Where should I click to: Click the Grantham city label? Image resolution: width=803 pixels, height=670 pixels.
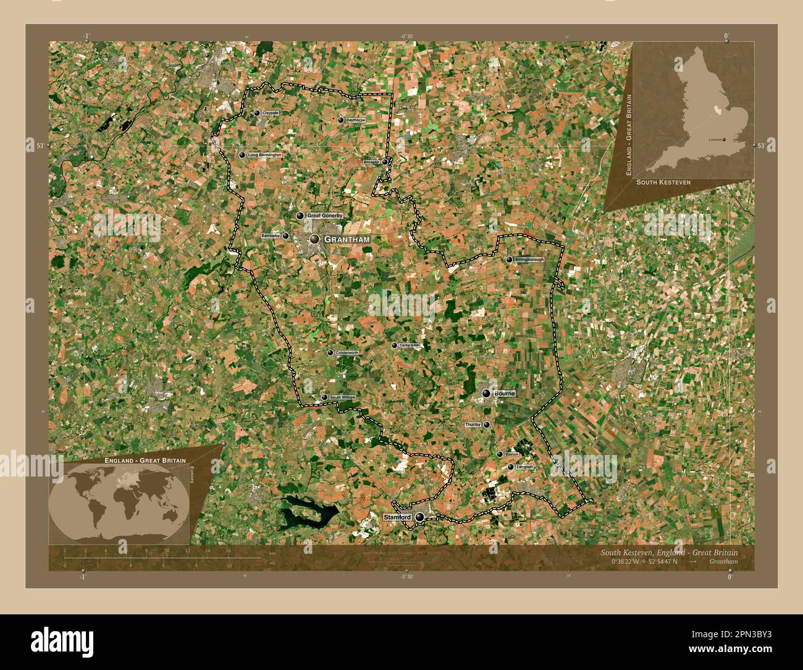click(x=347, y=239)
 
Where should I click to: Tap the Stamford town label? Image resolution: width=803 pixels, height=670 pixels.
click(x=397, y=517)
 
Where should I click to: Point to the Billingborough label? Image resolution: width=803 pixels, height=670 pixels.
click(x=529, y=260)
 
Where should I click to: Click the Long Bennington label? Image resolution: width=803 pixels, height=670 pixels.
click(x=264, y=155)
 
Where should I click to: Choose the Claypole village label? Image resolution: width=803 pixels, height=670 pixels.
click(x=270, y=113)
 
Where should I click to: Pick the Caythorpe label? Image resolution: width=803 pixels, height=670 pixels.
click(x=355, y=120)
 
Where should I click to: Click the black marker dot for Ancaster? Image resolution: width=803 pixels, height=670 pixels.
click(x=385, y=162)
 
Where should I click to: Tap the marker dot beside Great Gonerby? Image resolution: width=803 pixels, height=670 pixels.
click(x=300, y=216)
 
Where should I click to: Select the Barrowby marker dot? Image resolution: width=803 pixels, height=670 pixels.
click(x=285, y=236)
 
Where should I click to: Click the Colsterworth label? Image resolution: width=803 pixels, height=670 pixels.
click(x=347, y=352)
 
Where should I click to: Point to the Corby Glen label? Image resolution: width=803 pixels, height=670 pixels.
click(x=410, y=346)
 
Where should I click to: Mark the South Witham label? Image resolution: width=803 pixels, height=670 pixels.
click(x=342, y=397)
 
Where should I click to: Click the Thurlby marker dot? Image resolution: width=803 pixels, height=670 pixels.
click(x=487, y=425)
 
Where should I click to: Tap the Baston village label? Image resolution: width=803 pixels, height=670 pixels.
click(x=511, y=454)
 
